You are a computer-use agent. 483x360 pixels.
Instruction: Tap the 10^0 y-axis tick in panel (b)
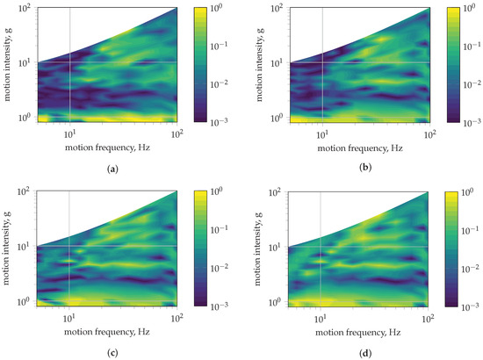[x=278, y=116]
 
